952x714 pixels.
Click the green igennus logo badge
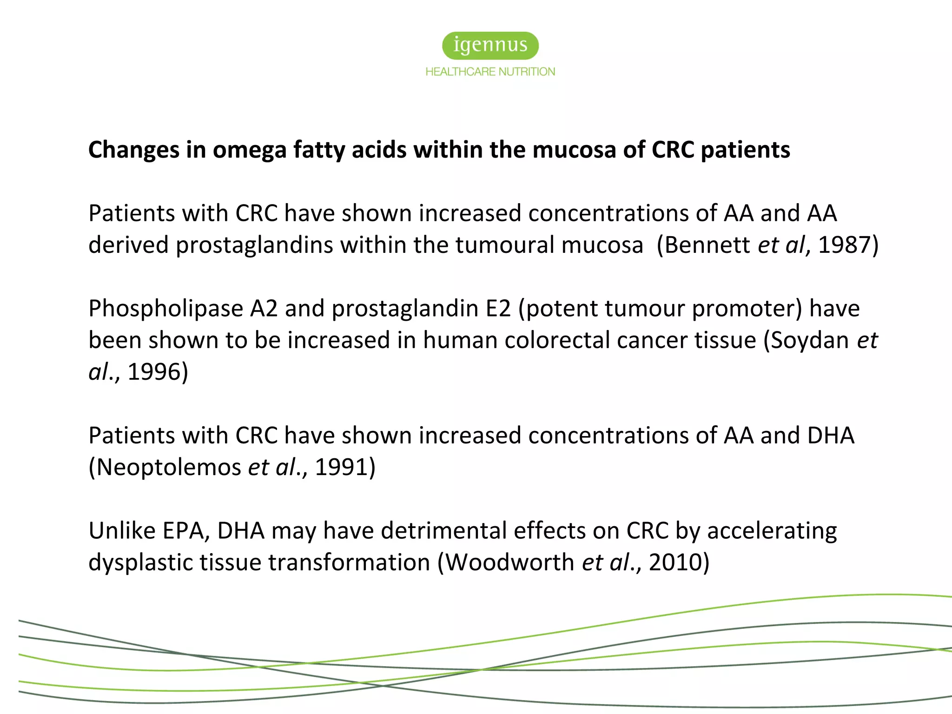pos(490,46)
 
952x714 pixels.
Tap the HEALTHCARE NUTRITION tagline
pos(490,72)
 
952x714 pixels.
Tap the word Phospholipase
pos(166,309)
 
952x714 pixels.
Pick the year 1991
pos(342,467)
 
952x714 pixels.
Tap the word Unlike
pos(121,530)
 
